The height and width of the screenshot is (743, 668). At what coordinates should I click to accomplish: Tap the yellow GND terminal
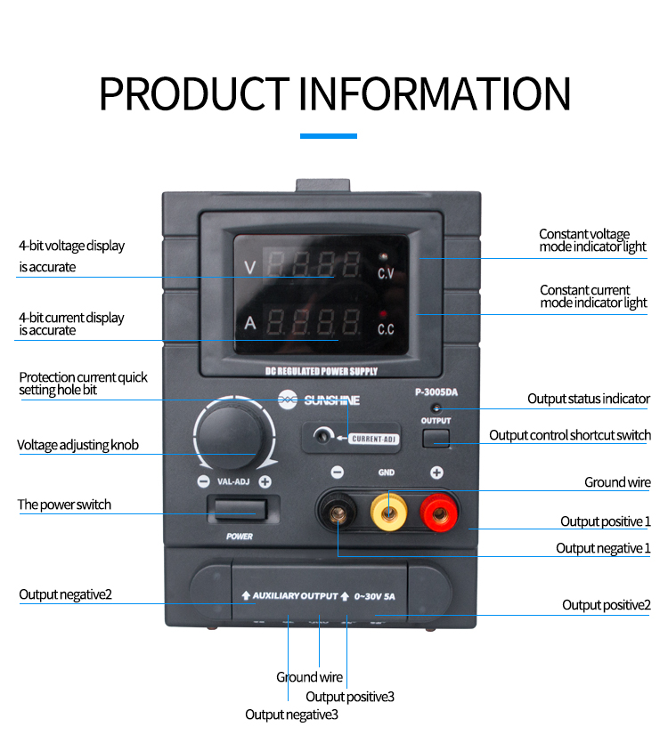(x=388, y=511)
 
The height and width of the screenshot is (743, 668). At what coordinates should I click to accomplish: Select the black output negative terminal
(x=339, y=511)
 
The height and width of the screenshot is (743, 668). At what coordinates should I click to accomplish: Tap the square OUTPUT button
(x=436, y=436)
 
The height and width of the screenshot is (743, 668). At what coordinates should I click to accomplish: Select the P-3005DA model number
(x=436, y=392)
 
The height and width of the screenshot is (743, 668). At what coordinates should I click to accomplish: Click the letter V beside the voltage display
(x=250, y=265)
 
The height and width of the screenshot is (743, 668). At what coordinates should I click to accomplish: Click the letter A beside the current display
(x=250, y=323)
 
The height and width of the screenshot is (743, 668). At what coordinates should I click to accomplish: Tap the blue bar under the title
(x=329, y=136)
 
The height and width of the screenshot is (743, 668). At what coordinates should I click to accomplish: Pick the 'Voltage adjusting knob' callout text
(x=77, y=445)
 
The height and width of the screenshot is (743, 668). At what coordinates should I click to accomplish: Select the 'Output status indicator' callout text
(x=589, y=399)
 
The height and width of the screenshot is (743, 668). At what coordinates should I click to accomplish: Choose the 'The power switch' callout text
(x=64, y=505)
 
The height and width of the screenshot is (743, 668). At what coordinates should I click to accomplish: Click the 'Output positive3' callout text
(x=350, y=697)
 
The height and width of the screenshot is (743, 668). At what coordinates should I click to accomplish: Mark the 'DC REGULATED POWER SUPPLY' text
(x=322, y=371)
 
